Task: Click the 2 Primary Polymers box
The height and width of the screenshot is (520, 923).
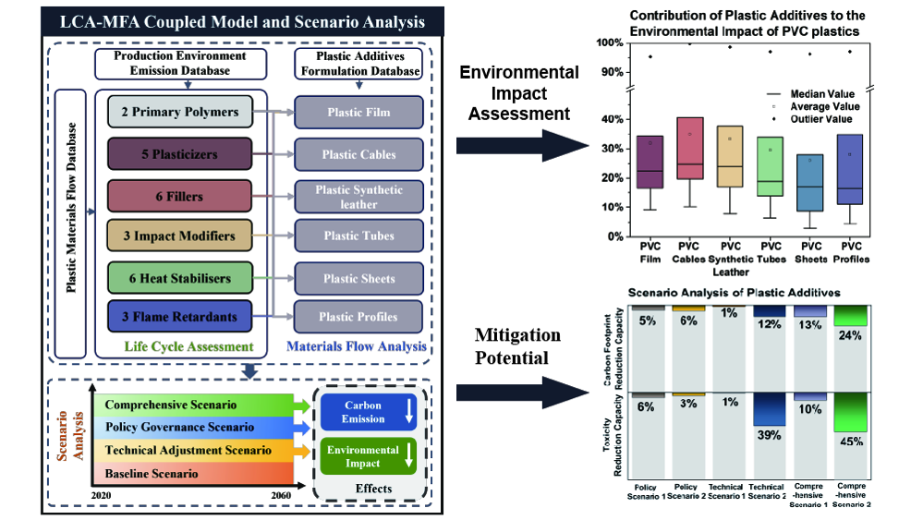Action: pyautogui.click(x=179, y=113)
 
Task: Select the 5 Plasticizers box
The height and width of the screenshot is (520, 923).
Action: pyautogui.click(x=179, y=154)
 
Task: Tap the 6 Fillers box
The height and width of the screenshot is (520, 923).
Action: pyautogui.click(x=179, y=196)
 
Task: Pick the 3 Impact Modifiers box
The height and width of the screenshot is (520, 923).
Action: pyautogui.click(x=179, y=236)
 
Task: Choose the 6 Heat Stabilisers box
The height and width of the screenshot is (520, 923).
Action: pyautogui.click(x=179, y=277)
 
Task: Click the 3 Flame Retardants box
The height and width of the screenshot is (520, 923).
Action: pyautogui.click(x=179, y=317)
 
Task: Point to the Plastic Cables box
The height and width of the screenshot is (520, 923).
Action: pyautogui.click(x=358, y=154)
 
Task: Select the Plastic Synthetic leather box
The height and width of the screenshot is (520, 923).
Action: pyautogui.click(x=358, y=196)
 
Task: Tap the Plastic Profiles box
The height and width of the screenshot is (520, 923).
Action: pyautogui.click(x=358, y=317)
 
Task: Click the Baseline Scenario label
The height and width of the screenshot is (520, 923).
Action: pyautogui.click(x=152, y=474)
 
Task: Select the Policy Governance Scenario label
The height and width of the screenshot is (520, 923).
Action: pyautogui.click(x=179, y=427)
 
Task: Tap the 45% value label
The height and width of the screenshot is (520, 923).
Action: pyautogui.click(x=851, y=441)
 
